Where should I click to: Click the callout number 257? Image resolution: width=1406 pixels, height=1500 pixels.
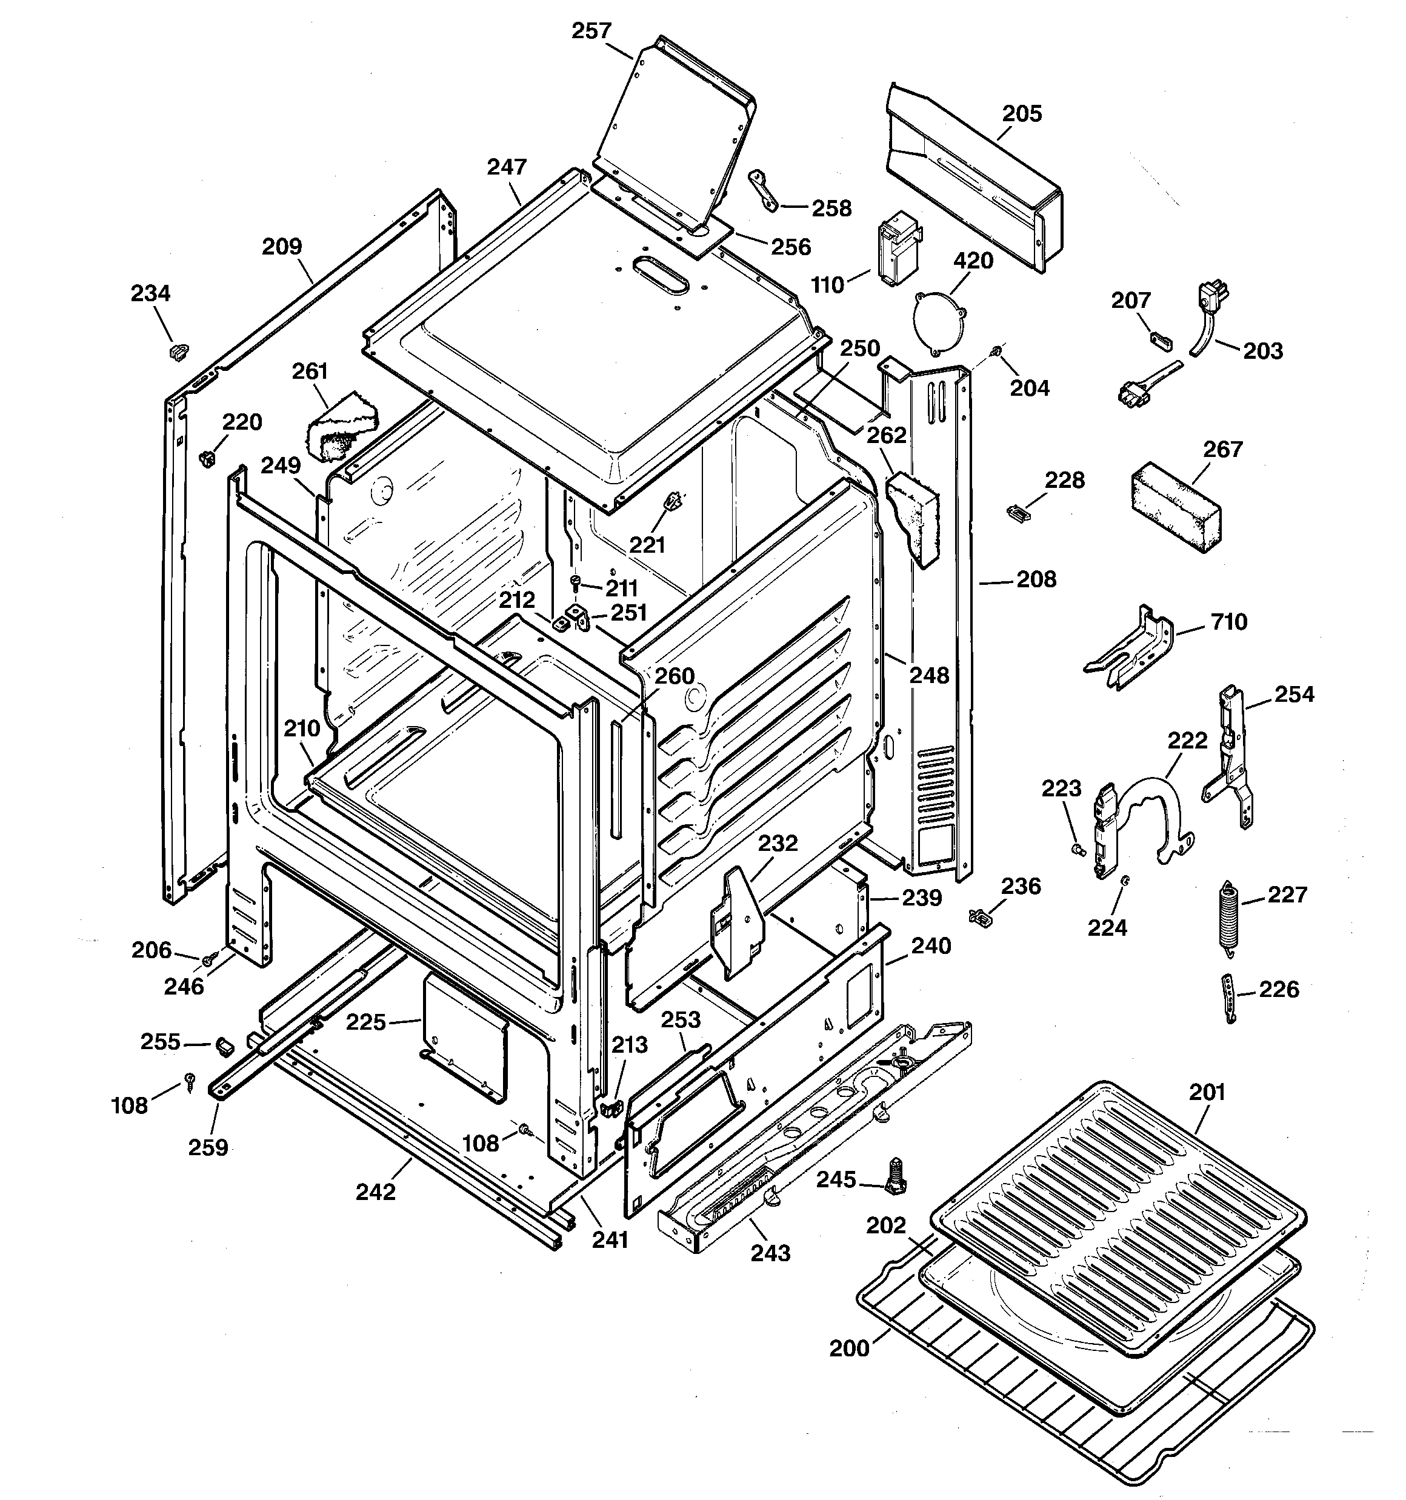point(590,31)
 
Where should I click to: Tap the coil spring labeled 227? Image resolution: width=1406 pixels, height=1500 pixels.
point(1230,919)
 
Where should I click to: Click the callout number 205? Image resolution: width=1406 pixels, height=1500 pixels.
point(1021,114)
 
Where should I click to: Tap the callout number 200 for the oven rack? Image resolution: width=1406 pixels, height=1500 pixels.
point(849,1348)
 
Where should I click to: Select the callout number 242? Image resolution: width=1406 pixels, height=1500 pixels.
point(375,1192)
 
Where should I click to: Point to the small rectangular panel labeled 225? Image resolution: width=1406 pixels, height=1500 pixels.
point(464,1035)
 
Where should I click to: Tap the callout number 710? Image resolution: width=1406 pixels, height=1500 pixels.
point(1228,622)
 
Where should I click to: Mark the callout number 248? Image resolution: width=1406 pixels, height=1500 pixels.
point(928,675)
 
